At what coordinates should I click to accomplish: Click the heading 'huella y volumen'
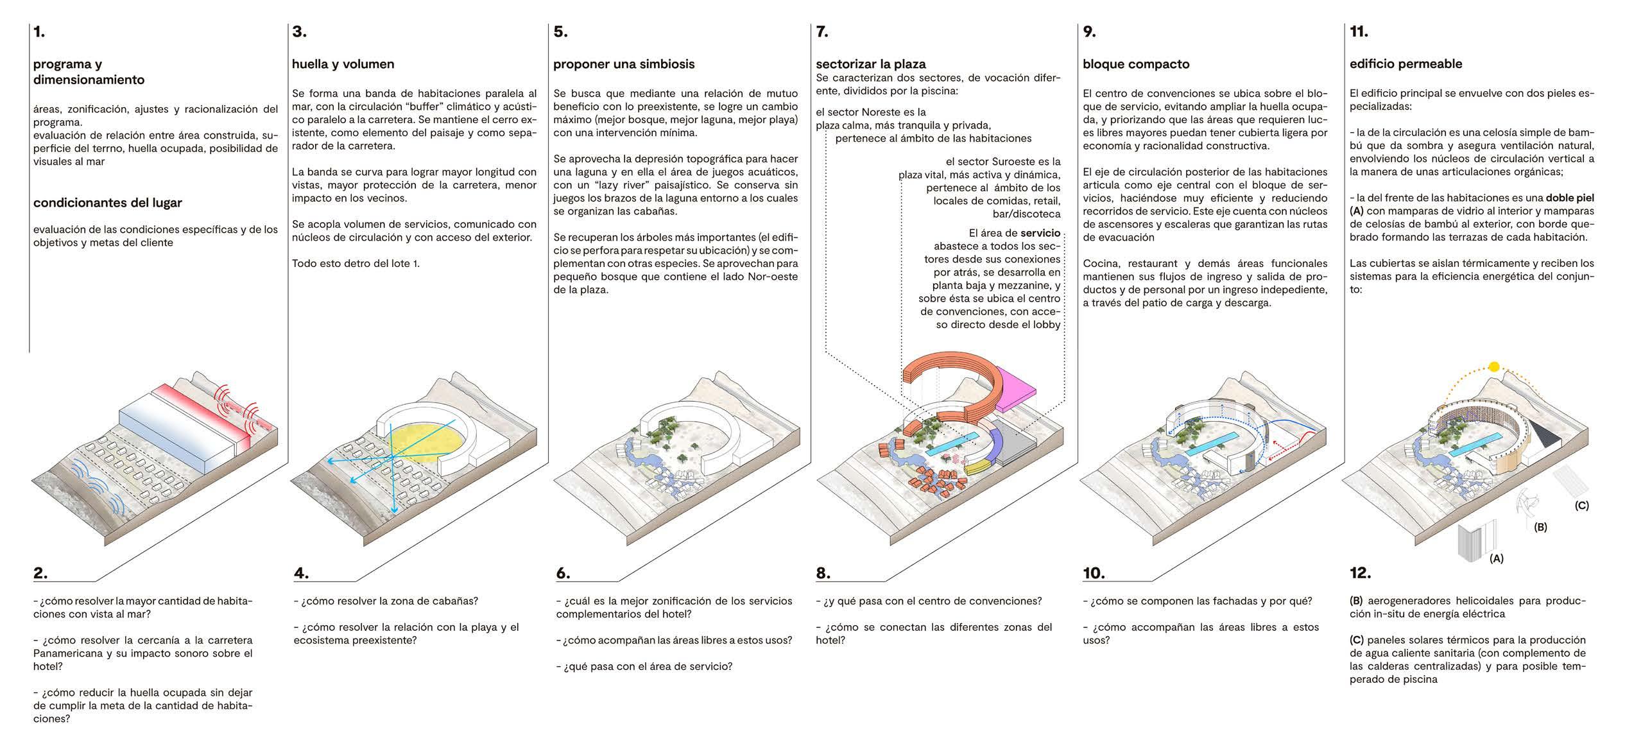pyautogui.click(x=343, y=64)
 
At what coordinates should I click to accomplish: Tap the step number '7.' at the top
pyautogui.click(x=821, y=32)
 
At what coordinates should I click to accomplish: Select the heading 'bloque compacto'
pyautogui.click(x=1136, y=64)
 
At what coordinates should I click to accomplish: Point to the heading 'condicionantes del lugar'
pyautogui.click(x=107, y=203)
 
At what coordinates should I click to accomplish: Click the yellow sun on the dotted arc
pyautogui.click(x=1494, y=367)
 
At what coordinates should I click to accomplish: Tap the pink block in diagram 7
pyautogui.click(x=1018, y=386)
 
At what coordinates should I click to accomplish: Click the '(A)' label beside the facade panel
pyautogui.click(x=1496, y=558)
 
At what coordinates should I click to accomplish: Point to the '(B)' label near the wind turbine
pyautogui.click(x=1540, y=527)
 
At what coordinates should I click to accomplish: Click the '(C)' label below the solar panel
pyautogui.click(x=1582, y=505)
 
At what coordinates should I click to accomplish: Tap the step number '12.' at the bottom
pyautogui.click(x=1360, y=573)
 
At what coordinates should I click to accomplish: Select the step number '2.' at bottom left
pyautogui.click(x=40, y=573)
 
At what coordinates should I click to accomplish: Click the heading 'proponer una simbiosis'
pyautogui.click(x=624, y=64)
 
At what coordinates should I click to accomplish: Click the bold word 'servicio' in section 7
pyautogui.click(x=1040, y=233)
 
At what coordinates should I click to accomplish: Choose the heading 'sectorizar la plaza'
pyautogui.click(x=870, y=64)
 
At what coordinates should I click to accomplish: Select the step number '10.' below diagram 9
pyautogui.click(x=1094, y=573)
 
